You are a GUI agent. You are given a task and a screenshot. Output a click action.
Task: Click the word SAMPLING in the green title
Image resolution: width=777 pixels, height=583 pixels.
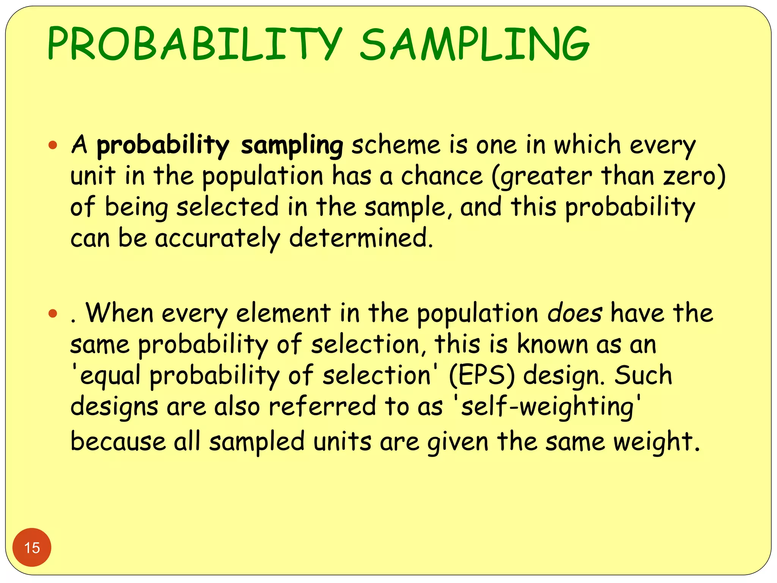point(474,44)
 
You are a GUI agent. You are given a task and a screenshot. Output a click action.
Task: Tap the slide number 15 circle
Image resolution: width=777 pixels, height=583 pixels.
point(32,547)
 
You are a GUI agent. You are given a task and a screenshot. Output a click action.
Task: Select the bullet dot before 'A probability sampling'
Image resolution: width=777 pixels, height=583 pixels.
point(53,145)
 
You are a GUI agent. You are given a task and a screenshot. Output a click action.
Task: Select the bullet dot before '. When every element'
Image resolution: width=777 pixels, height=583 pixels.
point(53,314)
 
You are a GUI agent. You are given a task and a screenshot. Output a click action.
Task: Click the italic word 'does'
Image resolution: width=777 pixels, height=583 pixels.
point(574,314)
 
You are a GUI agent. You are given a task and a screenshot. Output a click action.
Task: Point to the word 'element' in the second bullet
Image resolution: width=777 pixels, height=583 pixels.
point(283,314)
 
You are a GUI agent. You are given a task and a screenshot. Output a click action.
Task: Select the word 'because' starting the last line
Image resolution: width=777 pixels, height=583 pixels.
point(118,442)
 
